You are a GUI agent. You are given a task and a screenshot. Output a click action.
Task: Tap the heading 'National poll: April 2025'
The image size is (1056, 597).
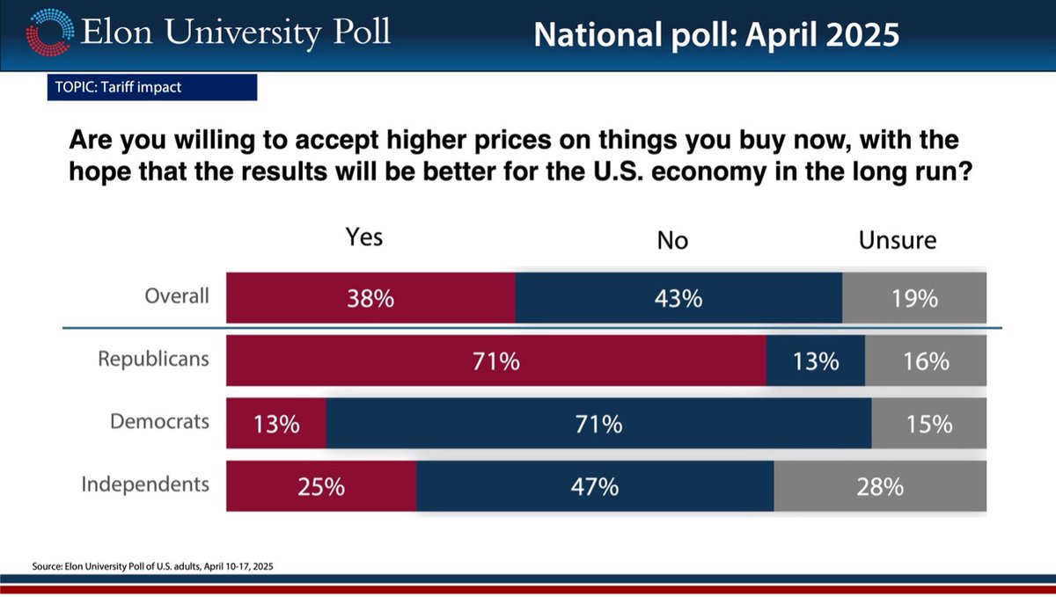click(x=716, y=34)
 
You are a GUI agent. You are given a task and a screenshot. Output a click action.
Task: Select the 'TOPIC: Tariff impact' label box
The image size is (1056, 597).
click(x=151, y=87)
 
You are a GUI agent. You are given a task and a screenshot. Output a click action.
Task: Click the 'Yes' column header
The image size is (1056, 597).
click(x=364, y=238)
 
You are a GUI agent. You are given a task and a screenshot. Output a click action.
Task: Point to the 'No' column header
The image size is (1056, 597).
click(x=672, y=240)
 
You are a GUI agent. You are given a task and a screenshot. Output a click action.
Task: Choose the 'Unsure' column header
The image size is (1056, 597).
click(x=898, y=240)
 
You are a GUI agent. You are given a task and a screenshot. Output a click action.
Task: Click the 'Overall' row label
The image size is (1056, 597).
click(x=177, y=295)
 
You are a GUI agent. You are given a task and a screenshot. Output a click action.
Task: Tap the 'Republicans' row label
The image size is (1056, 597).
click(x=153, y=359)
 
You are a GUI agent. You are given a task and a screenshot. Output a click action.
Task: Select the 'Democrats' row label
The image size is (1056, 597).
click(x=159, y=421)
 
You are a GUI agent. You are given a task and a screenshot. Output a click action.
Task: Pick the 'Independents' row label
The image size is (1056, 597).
click(x=145, y=484)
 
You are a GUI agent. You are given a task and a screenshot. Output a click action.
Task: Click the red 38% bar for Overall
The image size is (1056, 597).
click(x=370, y=298)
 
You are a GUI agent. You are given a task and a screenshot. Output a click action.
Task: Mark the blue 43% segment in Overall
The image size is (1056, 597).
click(x=678, y=298)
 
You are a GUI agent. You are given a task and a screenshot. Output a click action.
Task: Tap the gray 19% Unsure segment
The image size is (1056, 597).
click(x=914, y=298)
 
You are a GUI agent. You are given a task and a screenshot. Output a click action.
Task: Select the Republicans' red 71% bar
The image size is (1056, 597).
click(x=496, y=360)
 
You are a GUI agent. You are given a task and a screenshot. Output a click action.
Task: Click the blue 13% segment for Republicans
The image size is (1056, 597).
click(x=816, y=360)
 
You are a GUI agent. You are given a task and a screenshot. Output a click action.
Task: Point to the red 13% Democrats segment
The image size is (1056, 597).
click(x=276, y=424)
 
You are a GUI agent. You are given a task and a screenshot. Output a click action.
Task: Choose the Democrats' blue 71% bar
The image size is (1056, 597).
click(x=598, y=424)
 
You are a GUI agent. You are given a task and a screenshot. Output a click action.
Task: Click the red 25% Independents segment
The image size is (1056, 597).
click(x=321, y=486)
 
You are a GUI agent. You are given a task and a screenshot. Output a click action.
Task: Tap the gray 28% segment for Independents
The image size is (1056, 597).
click(x=880, y=486)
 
